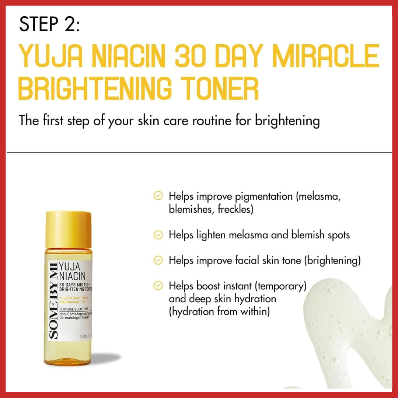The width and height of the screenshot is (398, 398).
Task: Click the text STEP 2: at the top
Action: (49, 25)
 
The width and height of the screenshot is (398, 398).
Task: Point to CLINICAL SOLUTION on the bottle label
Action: (74, 308)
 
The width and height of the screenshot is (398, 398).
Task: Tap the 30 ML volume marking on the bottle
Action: (85, 336)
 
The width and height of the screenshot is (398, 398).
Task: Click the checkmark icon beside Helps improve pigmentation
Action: (158, 196)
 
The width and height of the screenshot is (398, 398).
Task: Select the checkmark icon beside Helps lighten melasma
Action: (158, 235)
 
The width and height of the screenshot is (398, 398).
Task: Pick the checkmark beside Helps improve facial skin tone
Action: (158, 261)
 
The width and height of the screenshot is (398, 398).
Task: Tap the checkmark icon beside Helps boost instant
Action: (158, 286)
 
